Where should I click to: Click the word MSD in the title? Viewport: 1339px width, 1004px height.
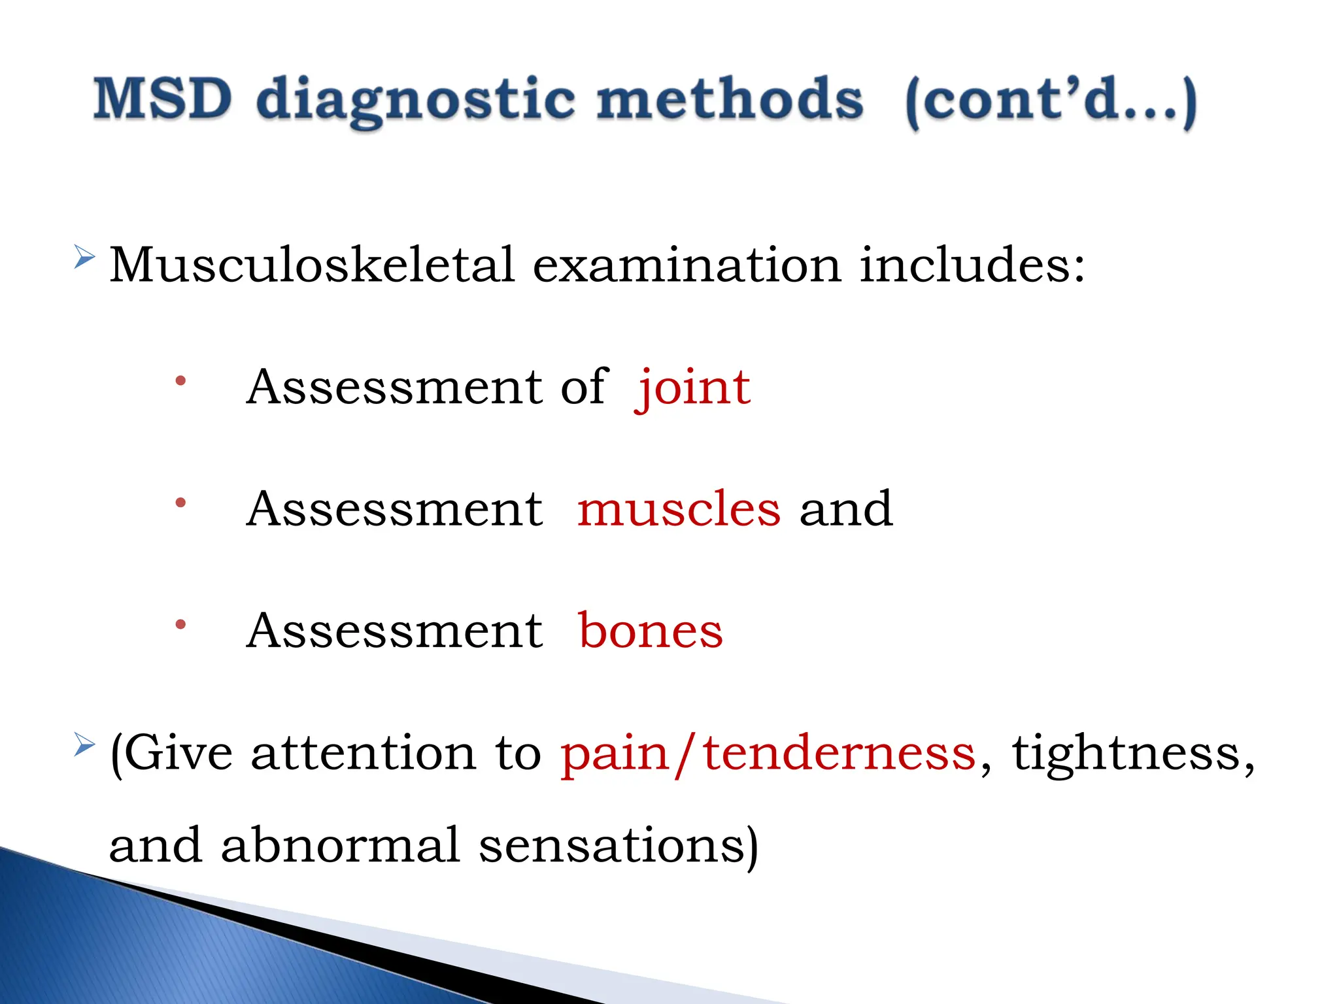tap(162, 99)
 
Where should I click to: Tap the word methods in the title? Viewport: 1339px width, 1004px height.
tap(730, 99)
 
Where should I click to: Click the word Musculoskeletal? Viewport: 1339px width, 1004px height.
tap(312, 265)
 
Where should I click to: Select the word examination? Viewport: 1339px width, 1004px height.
tap(686, 265)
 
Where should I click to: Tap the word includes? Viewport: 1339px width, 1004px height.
tap(972, 265)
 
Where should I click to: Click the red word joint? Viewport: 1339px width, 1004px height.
tap(693, 388)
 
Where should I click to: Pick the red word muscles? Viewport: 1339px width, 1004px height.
tap(679, 510)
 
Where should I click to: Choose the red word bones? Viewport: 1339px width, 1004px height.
tap(651, 631)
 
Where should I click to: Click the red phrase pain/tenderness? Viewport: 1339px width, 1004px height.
tap(768, 754)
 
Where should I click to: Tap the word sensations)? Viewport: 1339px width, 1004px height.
tap(619, 846)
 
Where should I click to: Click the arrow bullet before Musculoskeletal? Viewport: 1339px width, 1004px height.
tap(84, 258)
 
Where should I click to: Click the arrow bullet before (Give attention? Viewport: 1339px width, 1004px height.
tap(84, 745)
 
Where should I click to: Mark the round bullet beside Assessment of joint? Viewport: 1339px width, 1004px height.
tap(181, 381)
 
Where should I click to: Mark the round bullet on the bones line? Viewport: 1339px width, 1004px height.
tap(181, 625)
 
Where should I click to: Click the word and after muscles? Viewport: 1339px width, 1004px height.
tap(845, 510)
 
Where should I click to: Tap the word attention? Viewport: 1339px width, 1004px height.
tap(364, 754)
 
